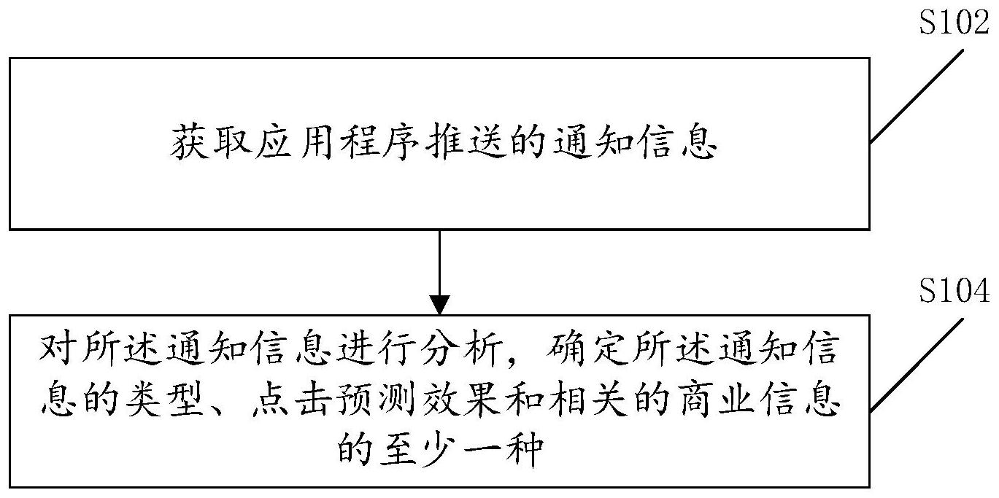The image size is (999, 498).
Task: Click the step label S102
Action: [952, 24]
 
